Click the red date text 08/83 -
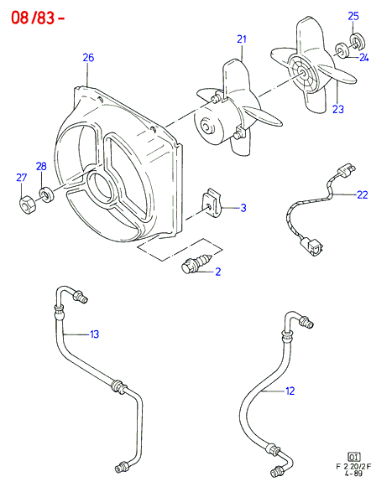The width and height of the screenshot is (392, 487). click(x=38, y=18)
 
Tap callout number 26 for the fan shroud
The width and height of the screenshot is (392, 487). click(x=88, y=58)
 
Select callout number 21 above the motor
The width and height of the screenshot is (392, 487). click(x=242, y=39)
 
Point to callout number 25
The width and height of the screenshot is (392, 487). click(x=353, y=16)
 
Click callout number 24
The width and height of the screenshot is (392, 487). click(x=363, y=58)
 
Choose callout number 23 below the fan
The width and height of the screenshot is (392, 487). click(x=338, y=109)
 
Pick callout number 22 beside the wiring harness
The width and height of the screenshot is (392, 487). click(x=363, y=194)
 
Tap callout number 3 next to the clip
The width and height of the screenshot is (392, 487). click(x=243, y=208)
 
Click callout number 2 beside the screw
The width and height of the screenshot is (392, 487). click(x=217, y=272)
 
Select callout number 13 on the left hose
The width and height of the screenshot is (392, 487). click(x=94, y=334)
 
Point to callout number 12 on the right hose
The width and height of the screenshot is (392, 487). click(x=290, y=391)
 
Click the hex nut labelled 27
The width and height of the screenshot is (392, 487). click(x=28, y=205)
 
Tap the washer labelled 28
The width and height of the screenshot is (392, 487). click(x=46, y=194)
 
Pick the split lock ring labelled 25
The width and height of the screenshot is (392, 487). click(x=358, y=41)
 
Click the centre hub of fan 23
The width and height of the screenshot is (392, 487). click(x=302, y=73)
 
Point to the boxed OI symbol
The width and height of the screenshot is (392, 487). click(x=353, y=457)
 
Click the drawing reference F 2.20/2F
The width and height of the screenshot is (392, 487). click(x=353, y=467)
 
